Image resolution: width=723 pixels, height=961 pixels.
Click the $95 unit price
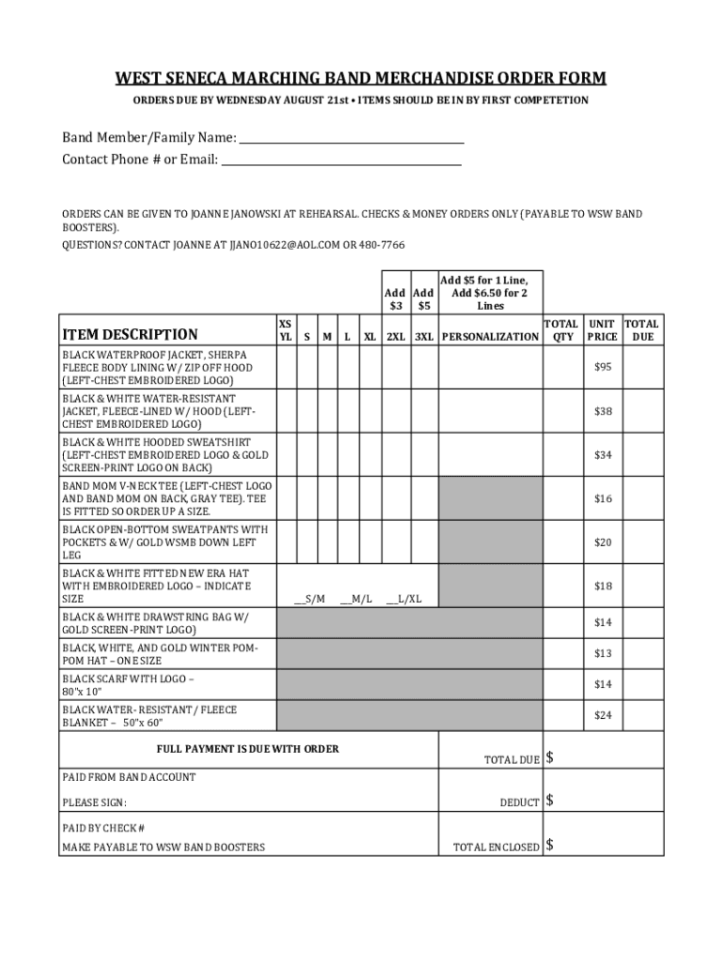click(602, 367)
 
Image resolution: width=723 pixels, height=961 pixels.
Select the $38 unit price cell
click(602, 411)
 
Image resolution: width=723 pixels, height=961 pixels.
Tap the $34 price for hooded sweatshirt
click(602, 455)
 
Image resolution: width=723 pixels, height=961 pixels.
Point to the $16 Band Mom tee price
click(602, 498)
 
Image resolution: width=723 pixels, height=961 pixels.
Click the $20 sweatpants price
click(602, 542)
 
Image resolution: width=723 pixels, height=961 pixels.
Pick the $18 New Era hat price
click(602, 586)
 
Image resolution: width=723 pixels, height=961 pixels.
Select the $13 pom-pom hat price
click(602, 653)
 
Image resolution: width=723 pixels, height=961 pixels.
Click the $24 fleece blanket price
click(602, 715)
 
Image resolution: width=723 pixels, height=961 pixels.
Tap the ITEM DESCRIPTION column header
click(130, 334)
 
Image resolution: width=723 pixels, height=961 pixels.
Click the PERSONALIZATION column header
click(490, 336)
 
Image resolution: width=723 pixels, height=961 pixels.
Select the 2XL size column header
click(394, 336)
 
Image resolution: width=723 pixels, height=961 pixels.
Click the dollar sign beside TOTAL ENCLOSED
click(550, 846)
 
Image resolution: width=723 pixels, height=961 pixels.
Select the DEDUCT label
click(519, 802)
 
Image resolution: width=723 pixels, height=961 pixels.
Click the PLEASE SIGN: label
click(94, 802)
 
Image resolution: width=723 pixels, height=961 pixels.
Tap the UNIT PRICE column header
click(602, 329)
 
